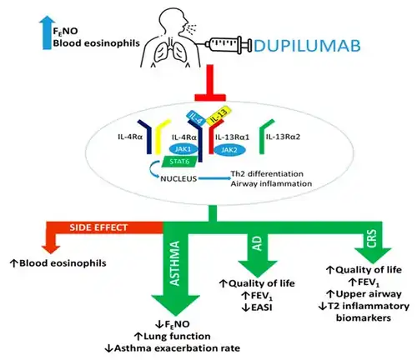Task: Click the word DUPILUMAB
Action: point(307,46)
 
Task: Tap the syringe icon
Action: point(229,44)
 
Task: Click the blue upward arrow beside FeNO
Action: point(47,32)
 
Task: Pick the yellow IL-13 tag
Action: point(218,116)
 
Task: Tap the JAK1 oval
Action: point(183,149)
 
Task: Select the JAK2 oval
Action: point(229,150)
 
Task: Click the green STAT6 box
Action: point(179,162)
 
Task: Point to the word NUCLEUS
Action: point(178,178)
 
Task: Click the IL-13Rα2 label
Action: point(283,137)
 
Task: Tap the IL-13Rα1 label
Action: point(233,137)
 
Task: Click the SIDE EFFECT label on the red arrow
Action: point(98,227)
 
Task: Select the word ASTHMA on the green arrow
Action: point(175,263)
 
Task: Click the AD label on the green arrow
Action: point(259,243)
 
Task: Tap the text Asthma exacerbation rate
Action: point(177,348)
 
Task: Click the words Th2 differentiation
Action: point(267,174)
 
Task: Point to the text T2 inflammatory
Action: point(369,306)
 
